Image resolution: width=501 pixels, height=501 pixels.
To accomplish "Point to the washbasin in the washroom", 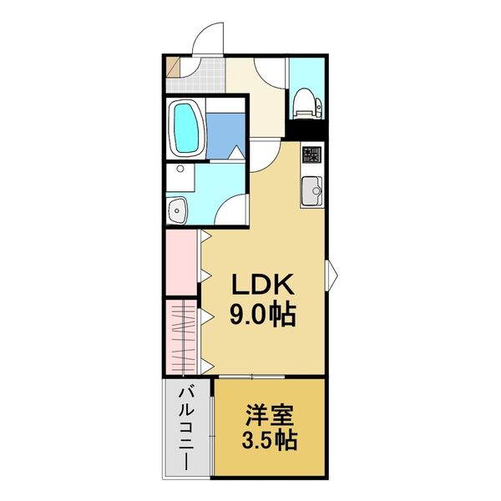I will tap(178, 210).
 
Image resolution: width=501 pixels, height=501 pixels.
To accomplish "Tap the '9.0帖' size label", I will tap(261, 316).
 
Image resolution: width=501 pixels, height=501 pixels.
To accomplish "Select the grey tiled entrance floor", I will tap(200, 74).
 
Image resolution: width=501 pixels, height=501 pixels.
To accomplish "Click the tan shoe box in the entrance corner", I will tap(172, 64).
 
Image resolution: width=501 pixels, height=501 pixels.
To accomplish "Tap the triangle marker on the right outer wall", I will tap(331, 271).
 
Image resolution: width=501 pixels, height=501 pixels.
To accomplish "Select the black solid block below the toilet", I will tap(306, 130).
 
